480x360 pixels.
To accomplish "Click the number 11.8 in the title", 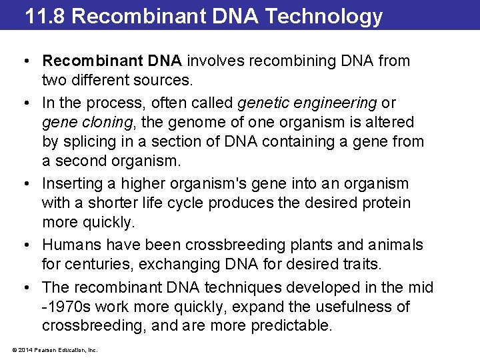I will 45,15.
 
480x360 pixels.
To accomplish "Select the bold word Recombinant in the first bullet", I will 87,61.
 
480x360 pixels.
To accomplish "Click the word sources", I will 167,81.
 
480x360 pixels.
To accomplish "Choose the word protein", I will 387,203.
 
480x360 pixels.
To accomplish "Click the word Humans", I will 71,245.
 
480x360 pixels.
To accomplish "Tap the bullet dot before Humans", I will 25,245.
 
